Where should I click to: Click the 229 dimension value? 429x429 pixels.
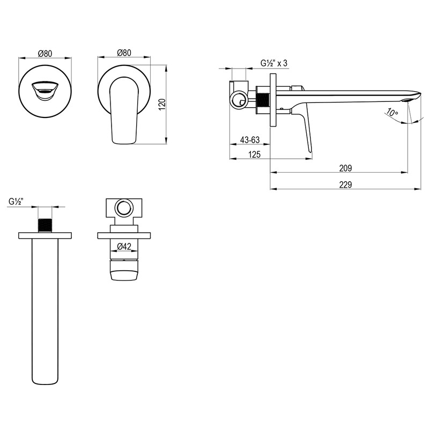point(345,184)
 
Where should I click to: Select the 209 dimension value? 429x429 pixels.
point(345,168)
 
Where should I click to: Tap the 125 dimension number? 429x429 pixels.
point(254,154)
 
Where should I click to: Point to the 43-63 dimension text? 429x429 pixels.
point(250,140)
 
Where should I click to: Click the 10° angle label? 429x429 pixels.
point(393,112)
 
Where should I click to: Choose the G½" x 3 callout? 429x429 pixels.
point(274,63)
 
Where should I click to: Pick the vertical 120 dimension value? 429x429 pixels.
point(162,105)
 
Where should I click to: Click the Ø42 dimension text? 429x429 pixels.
point(124,247)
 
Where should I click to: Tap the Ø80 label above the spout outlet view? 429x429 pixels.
point(45,53)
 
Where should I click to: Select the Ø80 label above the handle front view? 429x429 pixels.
point(124,53)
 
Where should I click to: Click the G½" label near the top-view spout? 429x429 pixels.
point(16,202)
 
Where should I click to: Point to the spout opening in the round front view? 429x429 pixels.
point(45,91)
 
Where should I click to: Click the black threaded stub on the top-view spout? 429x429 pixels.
point(45,226)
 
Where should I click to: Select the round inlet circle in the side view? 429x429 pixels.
point(239,100)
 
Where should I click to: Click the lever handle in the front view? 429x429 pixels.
point(124,110)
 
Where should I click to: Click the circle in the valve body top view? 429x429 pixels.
point(124,208)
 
